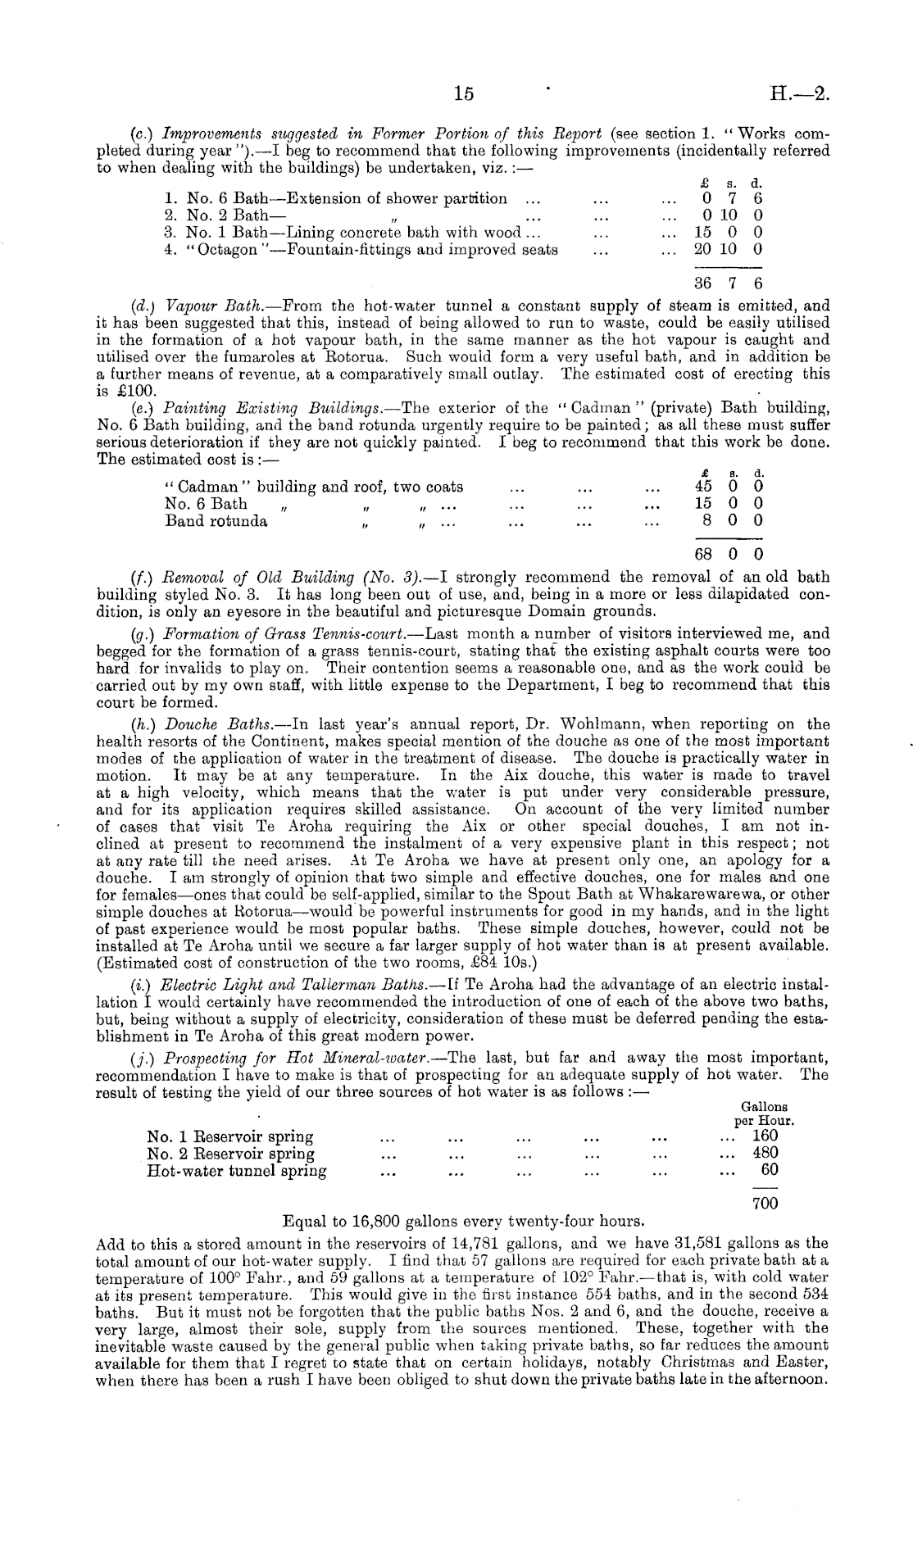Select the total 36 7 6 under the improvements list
click(728, 283)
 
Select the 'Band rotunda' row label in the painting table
click(216, 521)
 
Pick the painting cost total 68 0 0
click(728, 555)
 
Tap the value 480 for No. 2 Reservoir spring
click(765, 1153)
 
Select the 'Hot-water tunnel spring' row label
click(236, 1171)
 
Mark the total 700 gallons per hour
click(765, 1203)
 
